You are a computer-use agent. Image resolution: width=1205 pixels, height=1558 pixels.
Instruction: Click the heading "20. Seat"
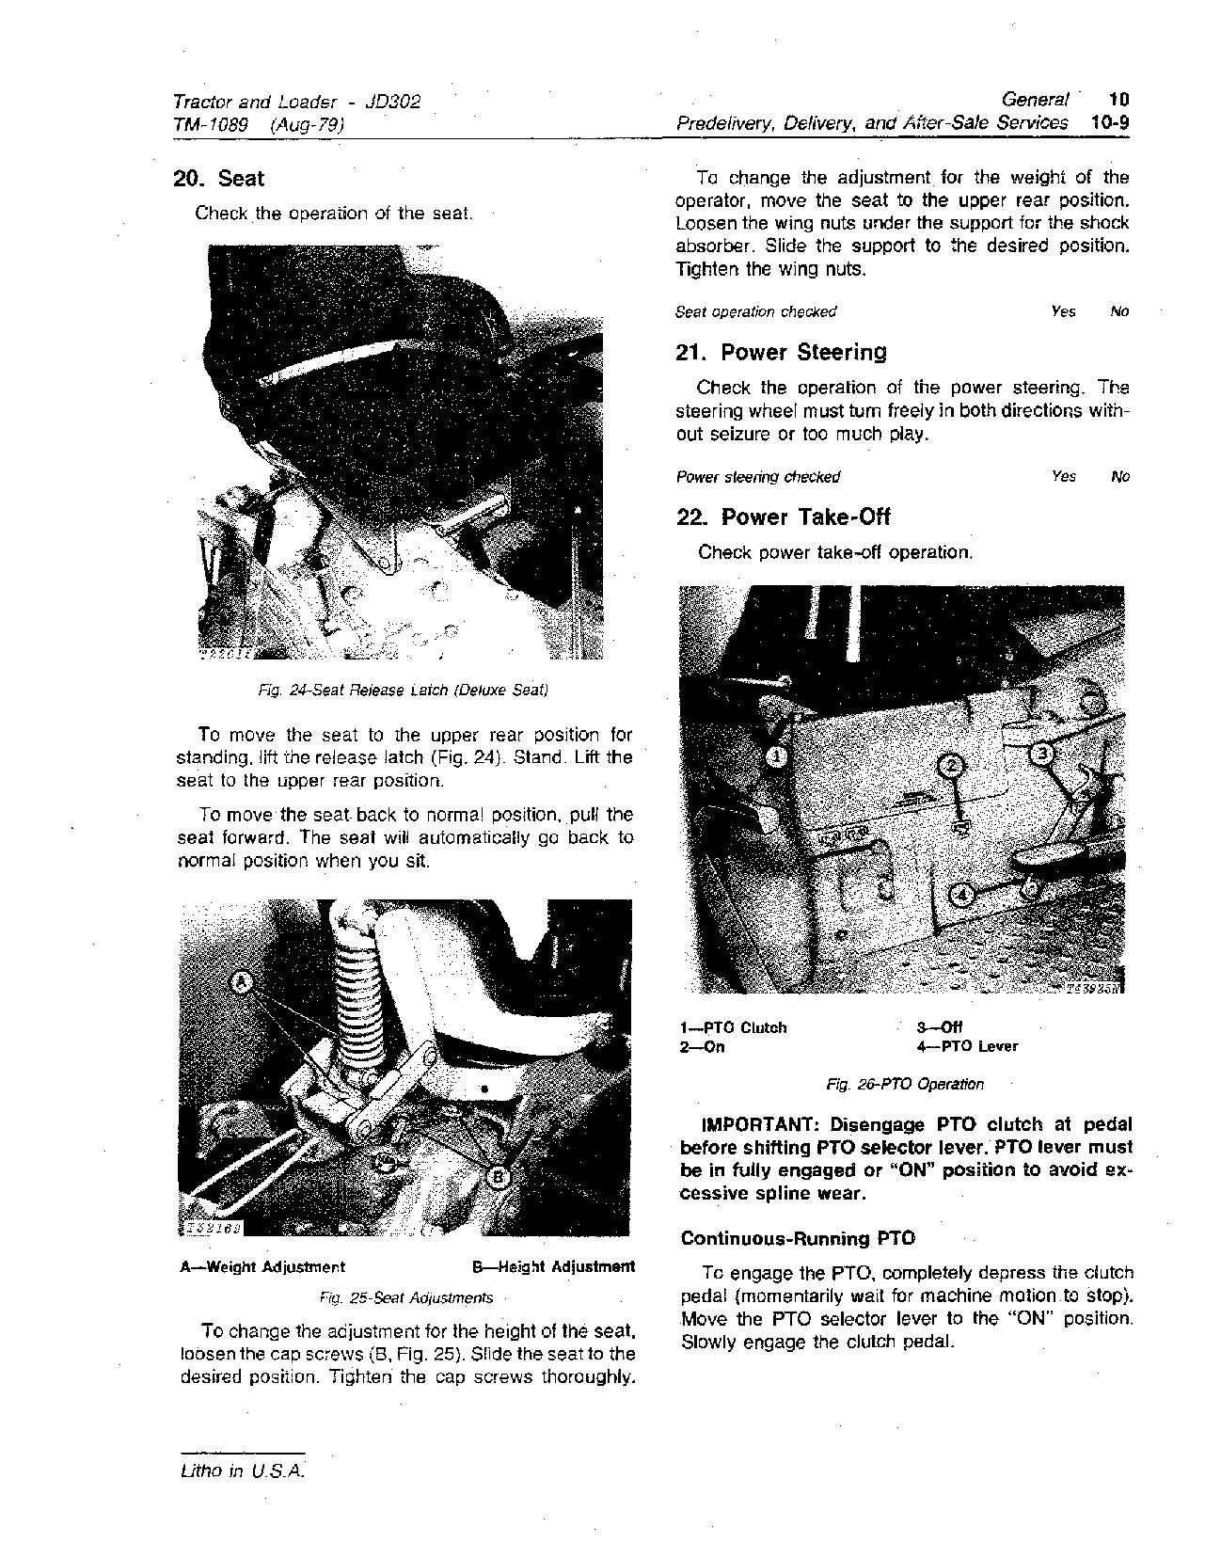tap(218, 179)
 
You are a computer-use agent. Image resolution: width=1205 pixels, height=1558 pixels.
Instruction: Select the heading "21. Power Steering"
tap(781, 353)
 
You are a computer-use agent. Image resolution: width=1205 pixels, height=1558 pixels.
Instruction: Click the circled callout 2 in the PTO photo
tap(951, 766)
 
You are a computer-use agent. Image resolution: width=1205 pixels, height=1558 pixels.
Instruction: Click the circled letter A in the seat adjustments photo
tap(243, 983)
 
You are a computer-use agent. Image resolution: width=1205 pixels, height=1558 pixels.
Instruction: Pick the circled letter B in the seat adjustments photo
tap(499, 1176)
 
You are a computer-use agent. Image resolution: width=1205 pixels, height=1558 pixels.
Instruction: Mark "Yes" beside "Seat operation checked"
tap(1063, 311)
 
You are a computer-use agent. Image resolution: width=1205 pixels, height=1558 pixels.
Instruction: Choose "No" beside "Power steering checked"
tap(1119, 477)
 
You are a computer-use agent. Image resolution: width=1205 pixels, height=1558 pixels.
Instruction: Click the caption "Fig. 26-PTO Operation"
tap(905, 1085)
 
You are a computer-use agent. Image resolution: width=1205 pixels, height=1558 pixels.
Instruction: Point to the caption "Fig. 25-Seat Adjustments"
tap(406, 1298)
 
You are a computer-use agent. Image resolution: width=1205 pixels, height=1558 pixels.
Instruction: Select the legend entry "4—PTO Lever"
tap(967, 1046)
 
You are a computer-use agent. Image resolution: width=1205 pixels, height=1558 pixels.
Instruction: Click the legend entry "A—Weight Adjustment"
tap(262, 1267)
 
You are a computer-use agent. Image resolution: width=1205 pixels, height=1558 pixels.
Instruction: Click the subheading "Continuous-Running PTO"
tap(798, 1238)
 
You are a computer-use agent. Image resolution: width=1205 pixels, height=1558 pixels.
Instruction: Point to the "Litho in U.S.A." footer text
tap(243, 1472)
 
